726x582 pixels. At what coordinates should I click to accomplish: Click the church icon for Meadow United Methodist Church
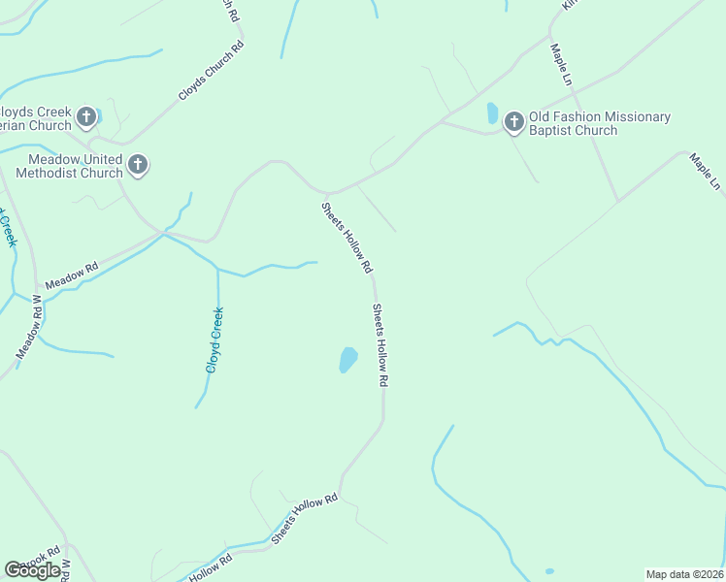pos(138,165)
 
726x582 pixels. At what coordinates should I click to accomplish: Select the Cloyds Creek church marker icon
pos(86,117)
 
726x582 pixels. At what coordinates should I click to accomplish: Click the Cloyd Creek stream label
pos(215,339)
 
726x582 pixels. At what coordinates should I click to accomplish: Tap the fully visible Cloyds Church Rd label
pos(211,71)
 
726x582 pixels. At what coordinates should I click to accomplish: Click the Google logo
pos(32,570)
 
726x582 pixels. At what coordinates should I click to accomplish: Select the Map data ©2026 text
pos(684,573)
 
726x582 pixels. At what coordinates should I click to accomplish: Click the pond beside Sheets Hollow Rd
pos(347,360)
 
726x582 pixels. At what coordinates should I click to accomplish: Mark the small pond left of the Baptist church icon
pos(492,113)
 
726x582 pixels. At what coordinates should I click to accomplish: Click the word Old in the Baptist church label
pos(541,117)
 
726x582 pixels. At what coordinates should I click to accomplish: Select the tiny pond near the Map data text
pos(549,570)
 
